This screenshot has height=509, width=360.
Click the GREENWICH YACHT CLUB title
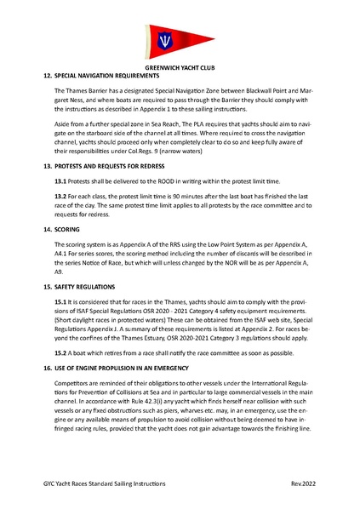point(180,66)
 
